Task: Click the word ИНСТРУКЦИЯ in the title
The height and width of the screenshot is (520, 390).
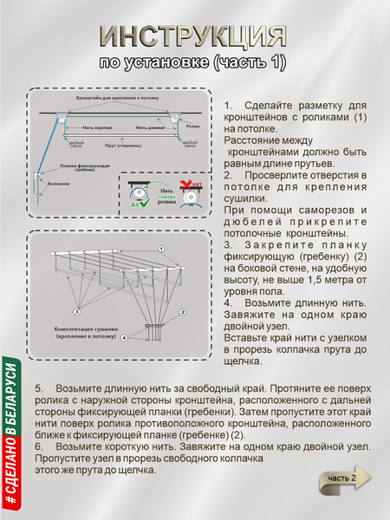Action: pos(192,36)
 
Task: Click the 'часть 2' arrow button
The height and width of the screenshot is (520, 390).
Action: pos(340,479)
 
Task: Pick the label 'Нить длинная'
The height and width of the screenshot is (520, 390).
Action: pos(150,127)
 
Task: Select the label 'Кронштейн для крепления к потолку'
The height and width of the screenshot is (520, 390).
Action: pos(118,99)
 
